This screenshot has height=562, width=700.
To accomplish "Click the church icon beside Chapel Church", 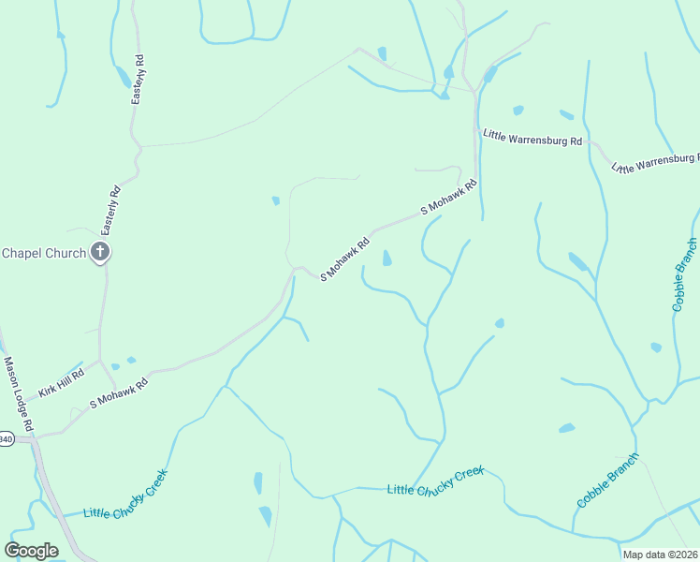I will click(100, 252).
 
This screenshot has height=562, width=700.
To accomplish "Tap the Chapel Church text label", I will click(43, 253).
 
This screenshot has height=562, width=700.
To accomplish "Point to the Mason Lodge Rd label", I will click(19, 393).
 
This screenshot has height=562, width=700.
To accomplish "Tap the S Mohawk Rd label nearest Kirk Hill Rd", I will click(119, 392).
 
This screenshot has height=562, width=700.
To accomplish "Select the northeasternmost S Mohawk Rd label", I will click(449, 198).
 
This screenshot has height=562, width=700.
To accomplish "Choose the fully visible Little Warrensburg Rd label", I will click(532, 138).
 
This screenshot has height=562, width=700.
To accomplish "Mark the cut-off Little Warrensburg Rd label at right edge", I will click(655, 163).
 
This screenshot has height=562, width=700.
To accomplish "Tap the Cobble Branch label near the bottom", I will click(607, 481).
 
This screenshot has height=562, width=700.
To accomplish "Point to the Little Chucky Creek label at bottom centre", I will click(435, 482).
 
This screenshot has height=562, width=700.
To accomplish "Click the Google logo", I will click(32, 550).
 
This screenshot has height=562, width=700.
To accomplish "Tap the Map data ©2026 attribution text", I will click(661, 555).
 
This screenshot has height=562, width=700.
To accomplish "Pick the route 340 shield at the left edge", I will click(6, 438).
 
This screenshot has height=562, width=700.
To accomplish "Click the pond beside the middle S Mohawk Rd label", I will click(386, 258).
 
